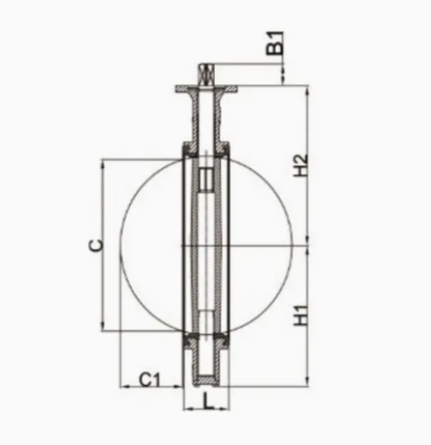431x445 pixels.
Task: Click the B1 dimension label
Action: (275, 43)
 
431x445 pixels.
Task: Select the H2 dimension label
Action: (301, 165)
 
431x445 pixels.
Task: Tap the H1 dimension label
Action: (301, 315)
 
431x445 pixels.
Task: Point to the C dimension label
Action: (96, 245)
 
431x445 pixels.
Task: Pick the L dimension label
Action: (208, 400)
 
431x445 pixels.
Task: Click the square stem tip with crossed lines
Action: (206, 74)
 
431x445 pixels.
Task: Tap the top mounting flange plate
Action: (206, 89)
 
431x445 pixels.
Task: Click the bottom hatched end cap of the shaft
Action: (206, 380)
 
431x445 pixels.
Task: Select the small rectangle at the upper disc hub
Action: (206, 180)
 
